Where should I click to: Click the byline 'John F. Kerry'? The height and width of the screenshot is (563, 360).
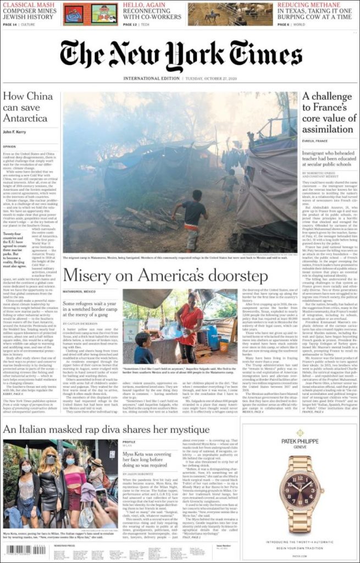click(16, 131)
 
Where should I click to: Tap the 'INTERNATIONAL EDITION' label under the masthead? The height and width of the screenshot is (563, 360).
click(151, 79)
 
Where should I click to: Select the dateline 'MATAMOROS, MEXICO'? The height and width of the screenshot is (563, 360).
click(79, 290)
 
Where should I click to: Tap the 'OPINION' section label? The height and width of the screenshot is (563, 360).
click(9, 147)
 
